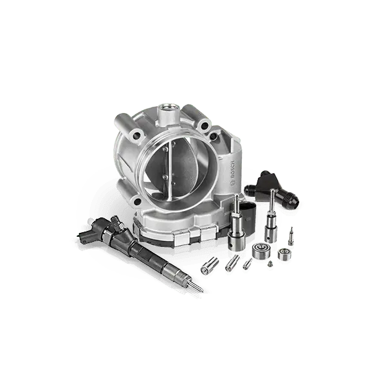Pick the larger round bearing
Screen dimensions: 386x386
[x=261, y=250]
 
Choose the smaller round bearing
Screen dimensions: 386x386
[x=284, y=255]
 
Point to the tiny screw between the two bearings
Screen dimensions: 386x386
[x=270, y=264]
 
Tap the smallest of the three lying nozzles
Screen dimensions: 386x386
[x=247, y=264]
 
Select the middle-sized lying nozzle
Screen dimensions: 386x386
[x=232, y=263]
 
